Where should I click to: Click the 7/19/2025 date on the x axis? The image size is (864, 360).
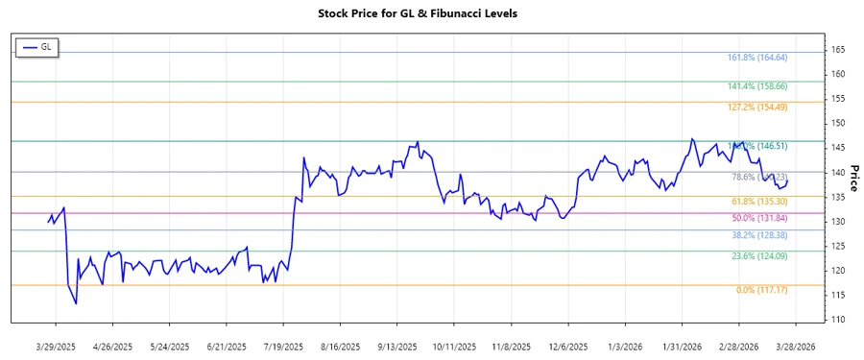point(282,346)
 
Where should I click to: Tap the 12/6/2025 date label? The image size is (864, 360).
point(567,346)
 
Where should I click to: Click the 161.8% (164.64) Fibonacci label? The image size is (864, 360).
point(756,58)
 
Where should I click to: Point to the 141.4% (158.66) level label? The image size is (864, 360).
point(756,86)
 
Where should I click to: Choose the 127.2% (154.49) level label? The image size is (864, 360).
point(756,107)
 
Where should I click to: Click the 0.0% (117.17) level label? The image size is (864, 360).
point(760,290)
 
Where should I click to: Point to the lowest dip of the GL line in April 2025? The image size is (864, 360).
point(76,303)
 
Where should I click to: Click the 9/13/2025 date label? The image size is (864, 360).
point(396,346)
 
